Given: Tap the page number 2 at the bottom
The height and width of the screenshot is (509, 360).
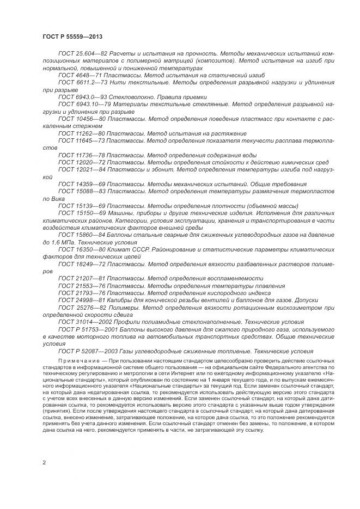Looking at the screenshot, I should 44,462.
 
